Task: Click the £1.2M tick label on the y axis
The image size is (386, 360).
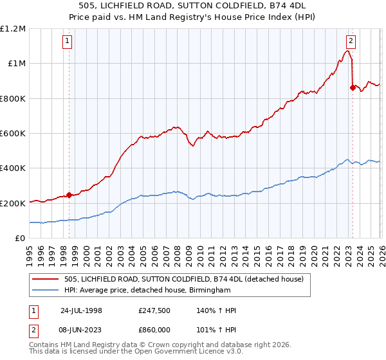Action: coord(13,29)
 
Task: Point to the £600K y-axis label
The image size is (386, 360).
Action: coord(13,134)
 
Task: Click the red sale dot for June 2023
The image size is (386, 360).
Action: coord(352,88)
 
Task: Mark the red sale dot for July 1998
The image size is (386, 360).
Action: coord(69,195)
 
